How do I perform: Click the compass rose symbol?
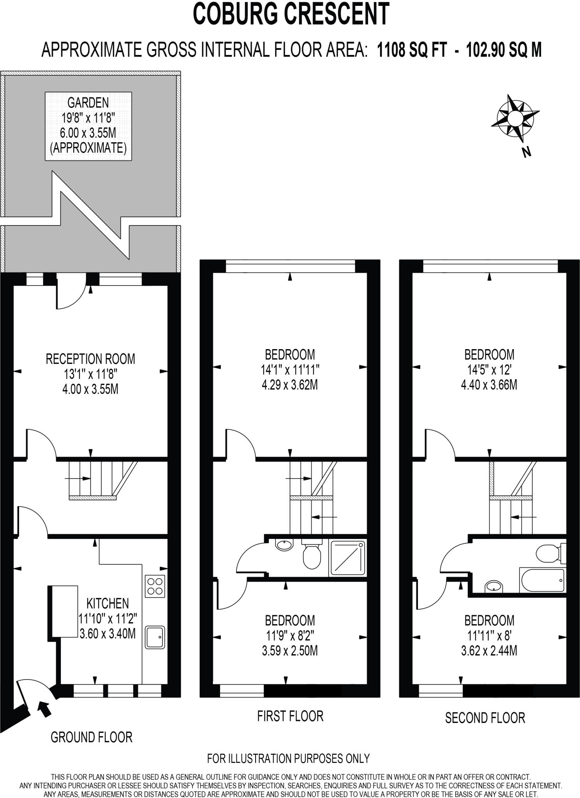pos(514,118)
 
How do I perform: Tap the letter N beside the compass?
pos(527,152)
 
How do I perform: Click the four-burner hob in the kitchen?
pos(155,586)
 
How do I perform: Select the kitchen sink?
pos(155,637)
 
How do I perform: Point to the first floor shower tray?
pos(347,558)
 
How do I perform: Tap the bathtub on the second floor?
pos(542,581)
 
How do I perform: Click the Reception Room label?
pos(90,359)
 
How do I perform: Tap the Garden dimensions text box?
pos(88,126)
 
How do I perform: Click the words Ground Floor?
pos(92,737)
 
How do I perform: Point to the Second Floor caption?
pos(485,718)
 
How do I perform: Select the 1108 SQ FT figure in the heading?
pos(412,50)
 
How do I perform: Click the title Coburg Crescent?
pos(291,14)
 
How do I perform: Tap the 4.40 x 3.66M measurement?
pos(489,385)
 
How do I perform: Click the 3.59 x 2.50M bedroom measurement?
pos(290,651)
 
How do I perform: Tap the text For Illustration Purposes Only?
pos(288,758)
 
